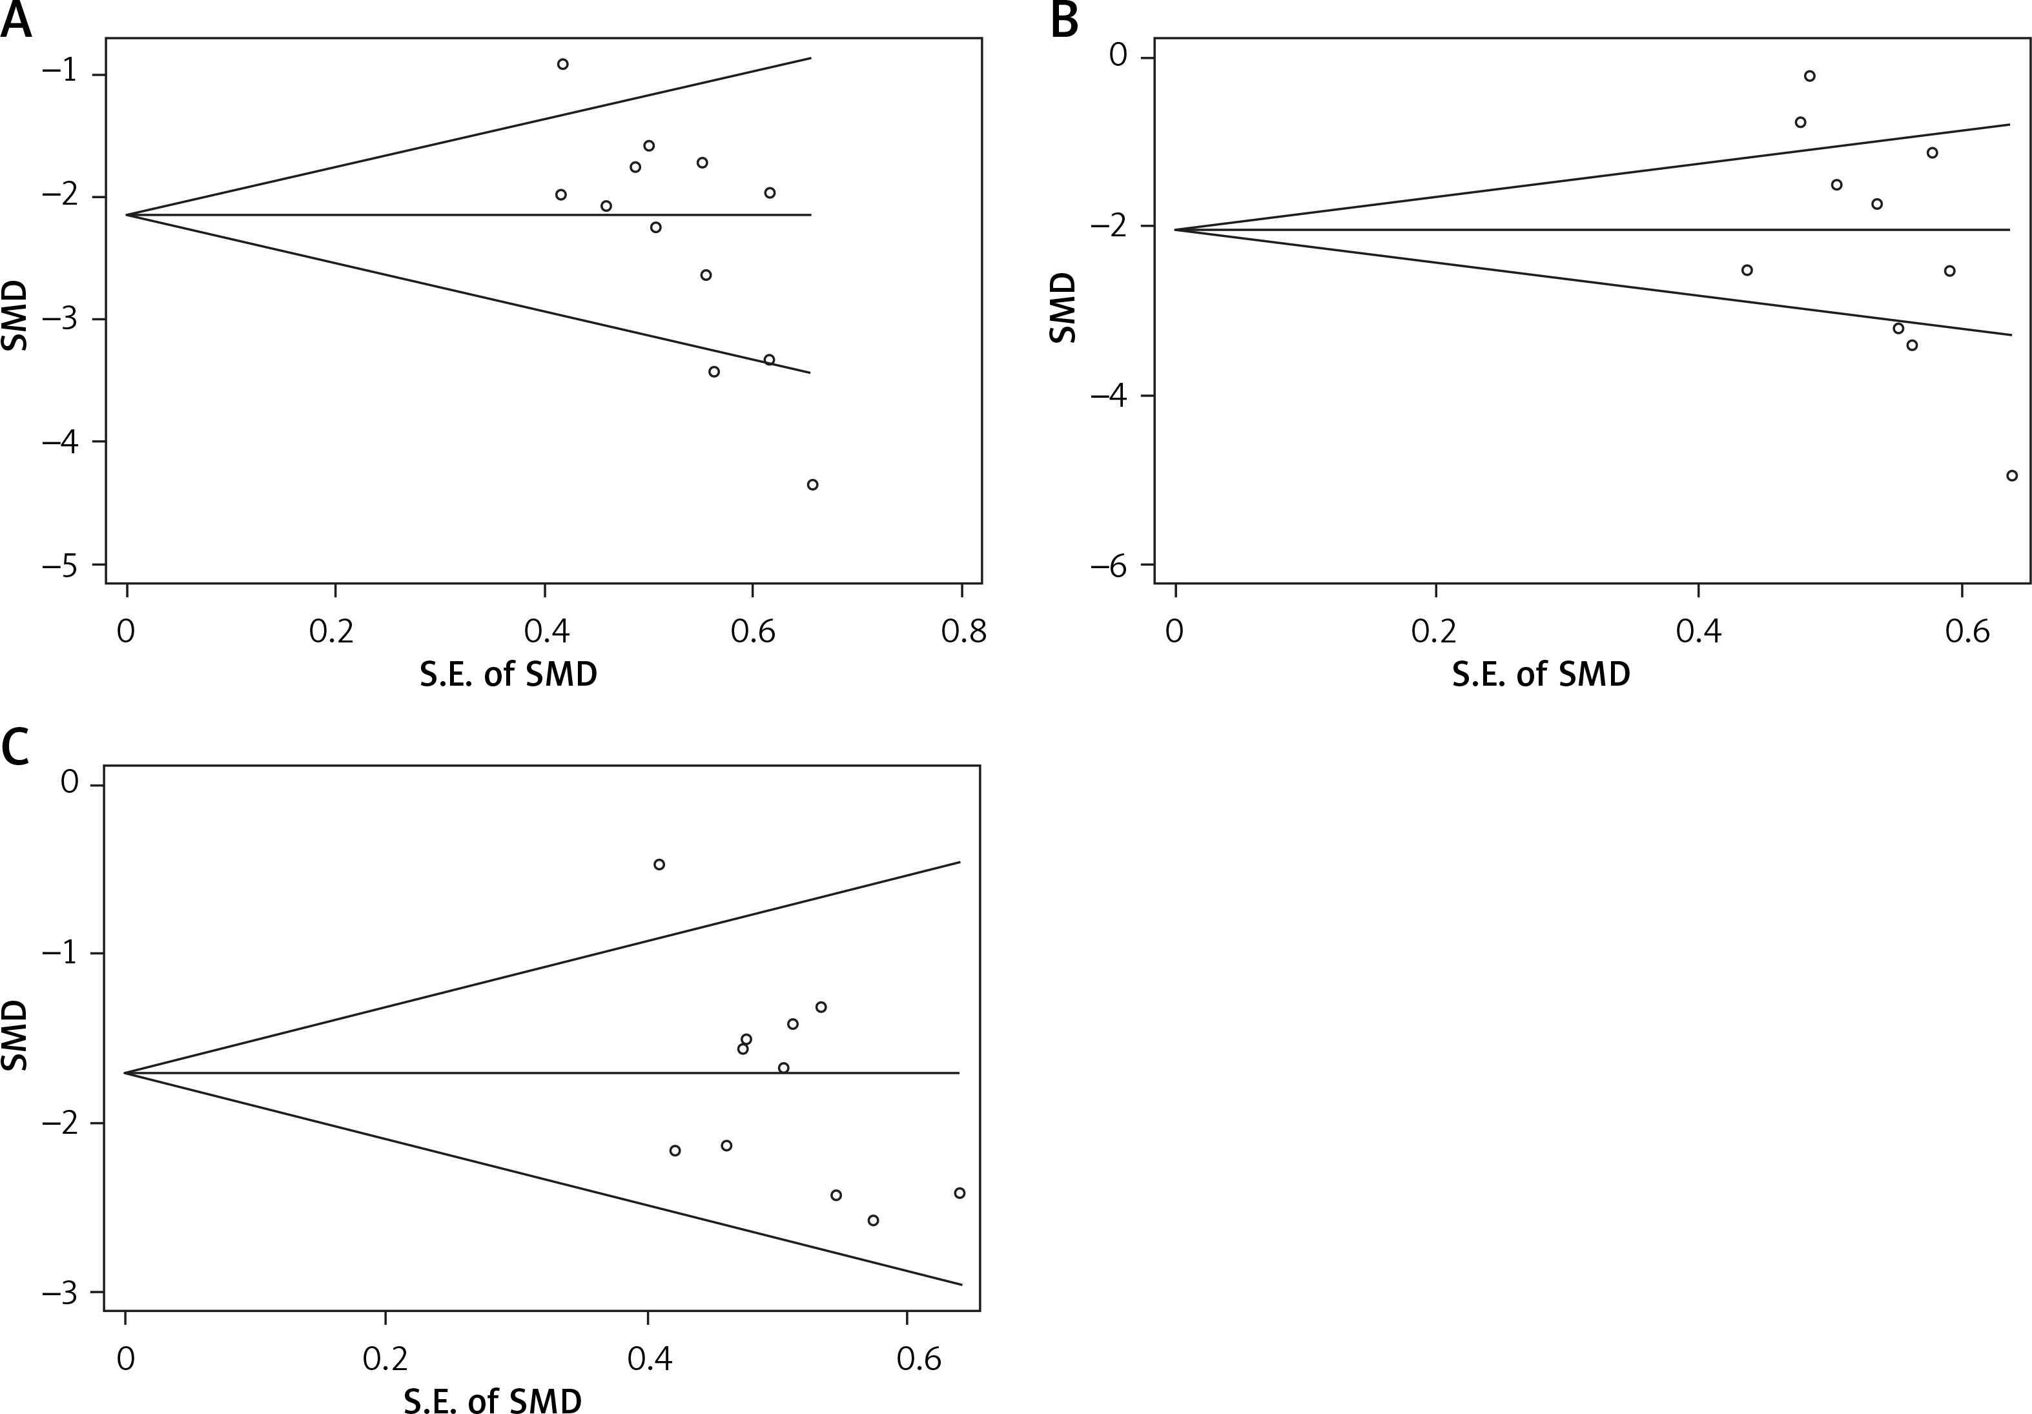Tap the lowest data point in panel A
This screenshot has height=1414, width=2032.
812,484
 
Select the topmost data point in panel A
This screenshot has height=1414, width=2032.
562,64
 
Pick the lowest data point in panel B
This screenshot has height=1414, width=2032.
2011,475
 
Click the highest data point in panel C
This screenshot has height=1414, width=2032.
659,865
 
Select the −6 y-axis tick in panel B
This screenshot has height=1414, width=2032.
1112,564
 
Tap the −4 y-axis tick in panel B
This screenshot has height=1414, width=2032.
1112,396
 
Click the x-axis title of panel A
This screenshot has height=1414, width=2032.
508,674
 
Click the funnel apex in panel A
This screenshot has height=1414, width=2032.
127,214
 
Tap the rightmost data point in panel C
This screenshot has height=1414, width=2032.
960,1193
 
